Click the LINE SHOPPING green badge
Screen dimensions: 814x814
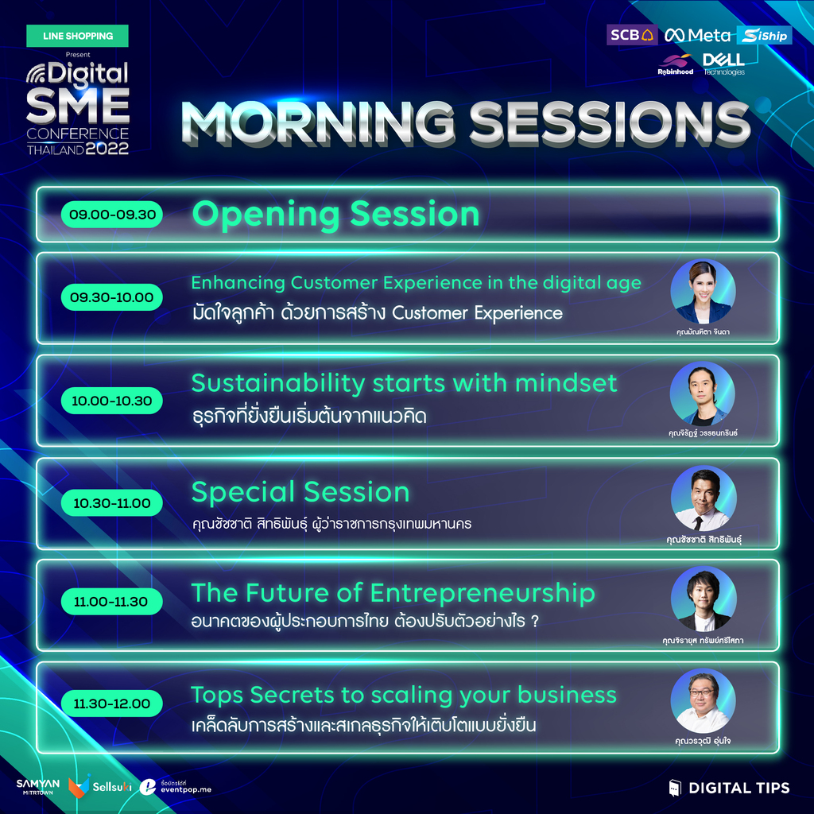click(x=77, y=36)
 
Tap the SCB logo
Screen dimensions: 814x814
click(x=632, y=35)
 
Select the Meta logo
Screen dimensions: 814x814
click(x=697, y=35)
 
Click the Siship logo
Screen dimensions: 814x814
click(x=764, y=35)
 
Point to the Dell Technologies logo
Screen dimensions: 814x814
click(x=723, y=64)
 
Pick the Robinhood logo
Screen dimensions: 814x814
click(x=676, y=65)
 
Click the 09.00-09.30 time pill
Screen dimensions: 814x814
click(x=111, y=215)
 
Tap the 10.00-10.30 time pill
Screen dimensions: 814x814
click(x=111, y=401)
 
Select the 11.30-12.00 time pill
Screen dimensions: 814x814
click(x=111, y=704)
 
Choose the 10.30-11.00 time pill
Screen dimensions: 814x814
click(x=111, y=502)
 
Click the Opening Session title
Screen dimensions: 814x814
click(x=335, y=215)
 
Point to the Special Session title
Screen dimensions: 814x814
click(x=300, y=491)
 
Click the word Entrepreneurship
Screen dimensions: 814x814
click(x=483, y=593)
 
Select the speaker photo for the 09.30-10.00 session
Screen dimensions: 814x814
click(x=703, y=291)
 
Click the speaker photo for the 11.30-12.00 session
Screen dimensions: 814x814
click(x=703, y=700)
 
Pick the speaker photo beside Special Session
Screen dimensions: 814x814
click(x=704, y=498)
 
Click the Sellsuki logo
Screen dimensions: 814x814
click(x=99, y=786)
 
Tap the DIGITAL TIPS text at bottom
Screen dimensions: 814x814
click(x=738, y=788)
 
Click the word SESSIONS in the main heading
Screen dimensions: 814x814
click(x=610, y=122)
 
